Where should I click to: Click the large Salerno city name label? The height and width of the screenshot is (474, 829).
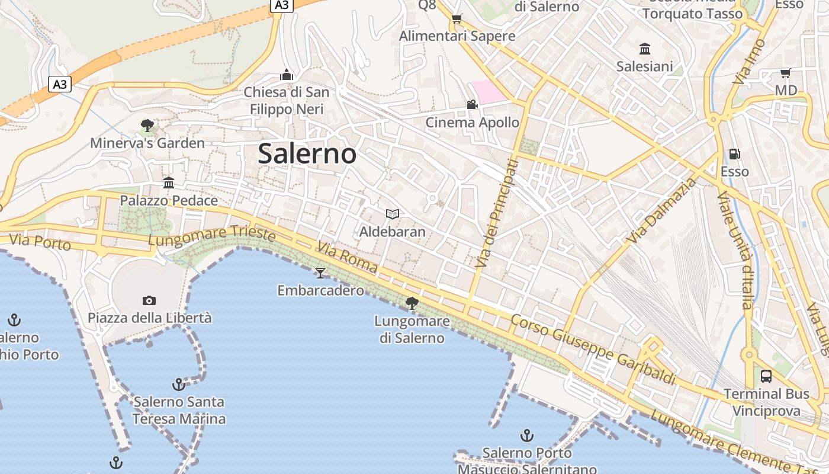coord(307,154)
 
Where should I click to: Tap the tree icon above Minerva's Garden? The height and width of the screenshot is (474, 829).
coord(147,125)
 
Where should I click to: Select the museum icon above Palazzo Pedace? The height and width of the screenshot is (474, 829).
coord(169,182)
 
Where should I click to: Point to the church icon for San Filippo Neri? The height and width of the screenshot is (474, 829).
coord(287,75)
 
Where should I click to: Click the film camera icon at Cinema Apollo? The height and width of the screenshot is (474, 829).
coord(472,105)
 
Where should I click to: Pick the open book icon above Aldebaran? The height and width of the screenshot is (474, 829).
coord(392,214)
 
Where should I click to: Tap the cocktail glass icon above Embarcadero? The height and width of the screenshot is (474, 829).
coord(320,273)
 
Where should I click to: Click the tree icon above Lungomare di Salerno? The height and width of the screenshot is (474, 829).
coord(412,303)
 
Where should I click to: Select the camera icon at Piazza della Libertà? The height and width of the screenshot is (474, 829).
coord(149,300)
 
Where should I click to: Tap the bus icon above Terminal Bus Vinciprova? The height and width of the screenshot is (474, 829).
coord(766,376)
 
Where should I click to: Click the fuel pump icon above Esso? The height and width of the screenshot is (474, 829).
coord(734,154)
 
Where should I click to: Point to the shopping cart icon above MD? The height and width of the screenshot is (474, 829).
coord(785,73)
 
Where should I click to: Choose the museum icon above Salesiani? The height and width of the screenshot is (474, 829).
coord(645,49)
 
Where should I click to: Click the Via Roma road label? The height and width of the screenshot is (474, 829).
coord(347,257)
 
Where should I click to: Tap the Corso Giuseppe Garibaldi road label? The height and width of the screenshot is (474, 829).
coord(593,349)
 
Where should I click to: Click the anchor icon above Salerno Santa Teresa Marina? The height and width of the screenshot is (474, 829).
coord(178,385)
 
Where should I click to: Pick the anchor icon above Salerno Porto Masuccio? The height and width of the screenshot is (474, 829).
coord(526,436)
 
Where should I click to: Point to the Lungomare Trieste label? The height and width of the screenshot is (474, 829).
coord(211,235)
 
